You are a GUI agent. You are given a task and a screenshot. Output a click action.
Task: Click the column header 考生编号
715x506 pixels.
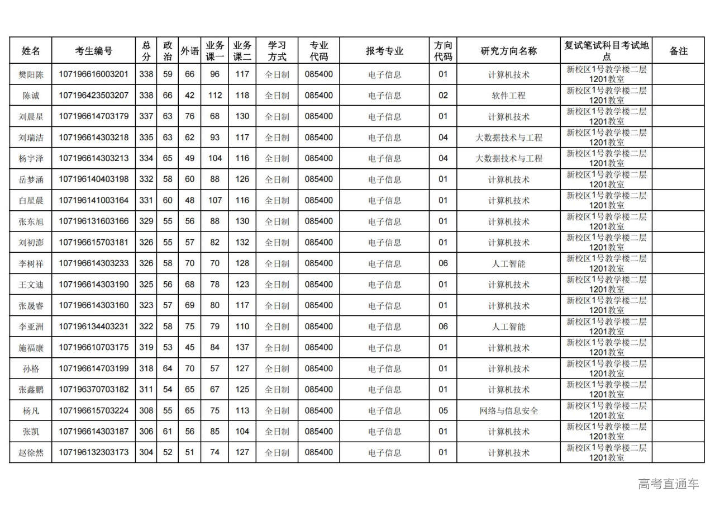tap(93, 51)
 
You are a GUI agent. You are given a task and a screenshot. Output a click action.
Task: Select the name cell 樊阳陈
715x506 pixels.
tap(31, 74)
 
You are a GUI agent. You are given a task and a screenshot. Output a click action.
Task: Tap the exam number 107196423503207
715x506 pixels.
tap(93, 96)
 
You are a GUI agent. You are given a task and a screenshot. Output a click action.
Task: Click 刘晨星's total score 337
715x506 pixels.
tap(146, 116)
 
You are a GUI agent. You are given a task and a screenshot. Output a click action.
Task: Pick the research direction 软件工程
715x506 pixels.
tap(508, 96)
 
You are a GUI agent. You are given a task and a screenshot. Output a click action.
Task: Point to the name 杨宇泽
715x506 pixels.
tap(31, 159)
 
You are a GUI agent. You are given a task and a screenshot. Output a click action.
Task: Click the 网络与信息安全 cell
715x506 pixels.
tap(508, 411)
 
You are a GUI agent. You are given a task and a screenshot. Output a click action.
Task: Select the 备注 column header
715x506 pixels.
tap(678, 51)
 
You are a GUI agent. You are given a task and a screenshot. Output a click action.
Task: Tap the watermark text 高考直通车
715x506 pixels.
tap(669, 484)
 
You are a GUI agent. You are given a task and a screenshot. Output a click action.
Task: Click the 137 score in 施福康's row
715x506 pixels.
tap(242, 348)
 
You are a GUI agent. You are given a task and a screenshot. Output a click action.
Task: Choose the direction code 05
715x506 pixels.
tap(443, 411)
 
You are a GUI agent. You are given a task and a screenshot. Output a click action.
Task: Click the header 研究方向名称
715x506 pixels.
tap(508, 51)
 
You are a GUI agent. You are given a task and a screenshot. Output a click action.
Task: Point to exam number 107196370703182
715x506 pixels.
tap(93, 390)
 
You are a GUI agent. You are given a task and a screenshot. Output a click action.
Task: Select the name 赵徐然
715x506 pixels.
tap(31, 453)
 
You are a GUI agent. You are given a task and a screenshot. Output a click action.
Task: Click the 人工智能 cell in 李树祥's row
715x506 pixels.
tap(508, 263)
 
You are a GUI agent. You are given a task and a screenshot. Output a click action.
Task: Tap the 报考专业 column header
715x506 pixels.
tap(384, 51)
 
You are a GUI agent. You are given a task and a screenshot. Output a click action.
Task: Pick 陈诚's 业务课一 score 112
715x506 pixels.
tap(214, 96)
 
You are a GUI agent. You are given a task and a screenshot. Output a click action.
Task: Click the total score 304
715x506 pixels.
tap(146, 453)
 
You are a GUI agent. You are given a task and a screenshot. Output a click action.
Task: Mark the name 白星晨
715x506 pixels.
tap(31, 201)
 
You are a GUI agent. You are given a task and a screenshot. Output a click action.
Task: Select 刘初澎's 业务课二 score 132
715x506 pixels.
tap(242, 243)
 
